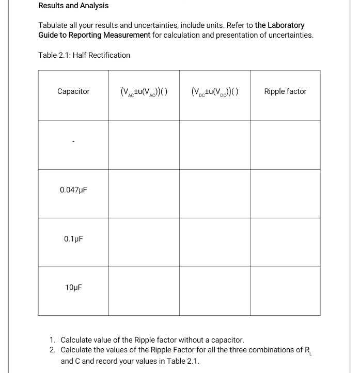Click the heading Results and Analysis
pos(73,6)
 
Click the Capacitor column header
pos(73,91)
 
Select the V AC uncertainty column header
pos(144,92)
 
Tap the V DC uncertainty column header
pos(215,92)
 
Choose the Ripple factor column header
pos(285,91)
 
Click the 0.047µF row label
pos(73,190)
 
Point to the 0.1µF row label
pos(73,239)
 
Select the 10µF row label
pos(73,288)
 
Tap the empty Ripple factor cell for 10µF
pos(285,290)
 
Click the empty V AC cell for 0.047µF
pos(144,193)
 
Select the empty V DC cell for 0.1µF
pos(215,242)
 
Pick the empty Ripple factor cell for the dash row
pos(285,145)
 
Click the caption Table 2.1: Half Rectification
pos(84,55)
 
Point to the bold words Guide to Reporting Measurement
pos(95,35)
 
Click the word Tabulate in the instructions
pos(55,25)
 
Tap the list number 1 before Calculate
pos(53,340)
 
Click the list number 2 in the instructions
pos(53,350)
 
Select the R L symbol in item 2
pos(307,351)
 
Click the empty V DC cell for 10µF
pos(215,290)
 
